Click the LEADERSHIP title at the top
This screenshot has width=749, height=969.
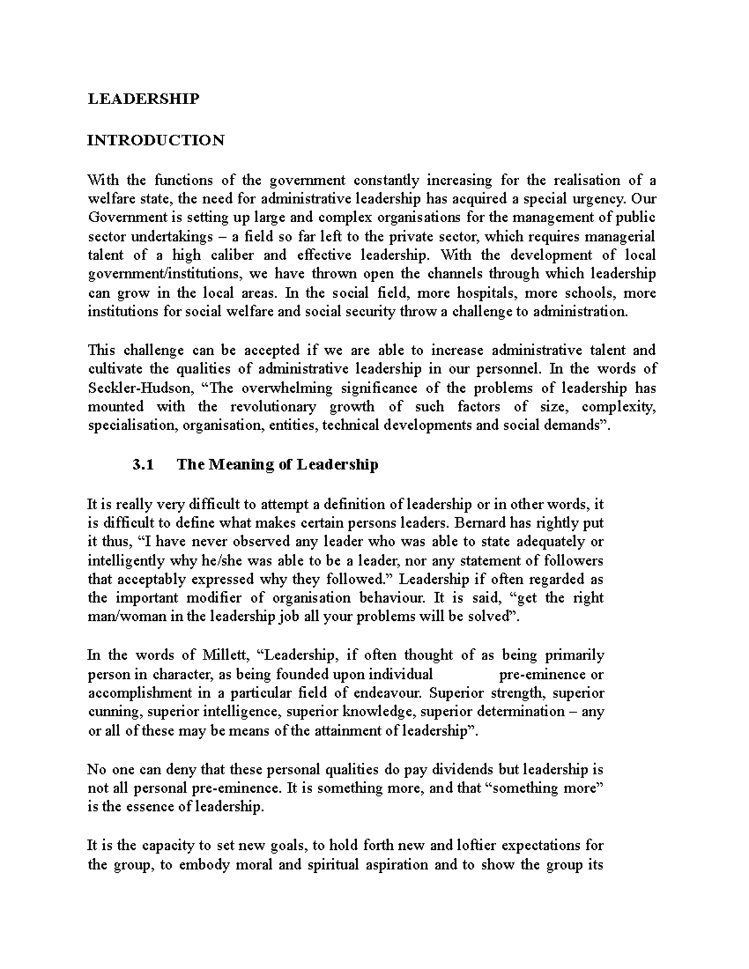click(143, 99)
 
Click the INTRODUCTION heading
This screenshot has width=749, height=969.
click(155, 140)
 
